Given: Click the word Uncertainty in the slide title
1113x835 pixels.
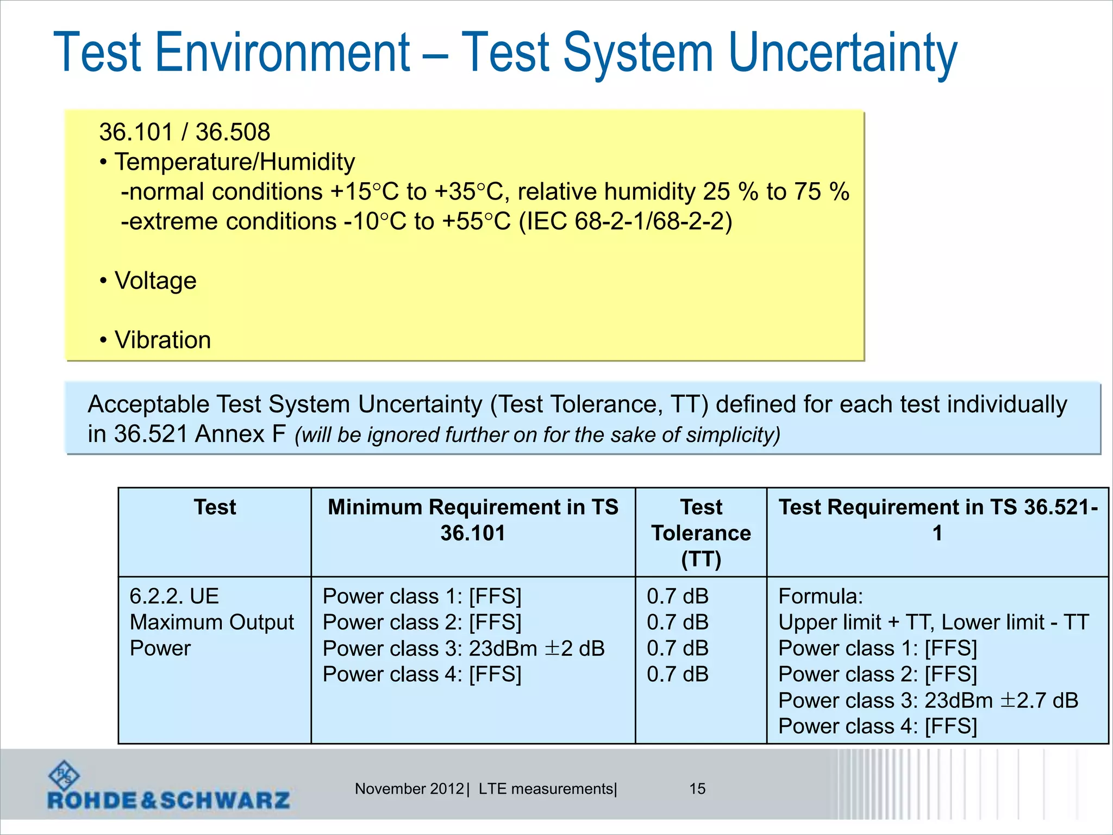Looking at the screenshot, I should tap(842, 53).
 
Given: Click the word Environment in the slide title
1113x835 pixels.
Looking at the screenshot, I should tap(283, 53).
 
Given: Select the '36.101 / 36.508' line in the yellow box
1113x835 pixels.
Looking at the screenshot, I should tap(184, 132).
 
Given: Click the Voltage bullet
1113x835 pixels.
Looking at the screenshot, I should tap(155, 281).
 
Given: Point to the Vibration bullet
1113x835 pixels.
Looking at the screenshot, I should tap(162, 340).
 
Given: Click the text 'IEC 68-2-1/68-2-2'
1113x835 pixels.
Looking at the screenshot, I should tap(626, 222).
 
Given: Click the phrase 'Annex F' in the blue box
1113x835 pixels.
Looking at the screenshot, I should tap(240, 434).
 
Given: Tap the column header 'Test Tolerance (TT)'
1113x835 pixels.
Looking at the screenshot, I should tap(701, 532).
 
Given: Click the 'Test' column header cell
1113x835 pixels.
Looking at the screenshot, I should tap(215, 507).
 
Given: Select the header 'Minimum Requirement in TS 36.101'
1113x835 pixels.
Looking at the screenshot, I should tap(472, 520).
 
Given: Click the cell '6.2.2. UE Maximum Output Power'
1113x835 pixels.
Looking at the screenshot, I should tap(211, 622).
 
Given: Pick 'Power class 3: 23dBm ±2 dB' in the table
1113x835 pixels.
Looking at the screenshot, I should tap(463, 649).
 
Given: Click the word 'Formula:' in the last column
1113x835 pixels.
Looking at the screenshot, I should tap(820, 596).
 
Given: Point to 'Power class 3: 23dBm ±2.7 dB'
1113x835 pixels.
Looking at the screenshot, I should tap(928, 701).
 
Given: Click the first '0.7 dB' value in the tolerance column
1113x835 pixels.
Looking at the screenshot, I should tap(677, 596).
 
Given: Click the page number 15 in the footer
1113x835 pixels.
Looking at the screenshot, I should tap(697, 789).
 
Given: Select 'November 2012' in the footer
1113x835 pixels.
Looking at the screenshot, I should tap(409, 789).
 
